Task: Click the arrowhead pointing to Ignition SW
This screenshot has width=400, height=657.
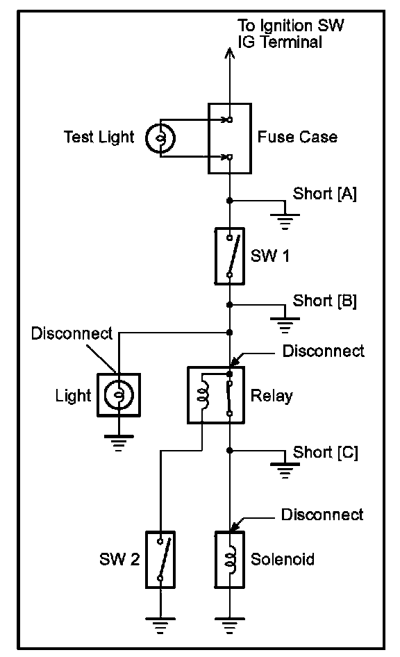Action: coord(230,53)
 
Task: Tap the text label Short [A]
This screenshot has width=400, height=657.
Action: coord(324,194)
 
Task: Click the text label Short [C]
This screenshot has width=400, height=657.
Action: coord(326,453)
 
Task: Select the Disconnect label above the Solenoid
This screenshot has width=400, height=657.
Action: coord(322,515)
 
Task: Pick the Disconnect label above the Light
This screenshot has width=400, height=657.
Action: coord(72,333)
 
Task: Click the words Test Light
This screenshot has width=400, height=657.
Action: coord(99,138)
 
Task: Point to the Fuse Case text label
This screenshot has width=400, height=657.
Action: coord(297,137)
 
